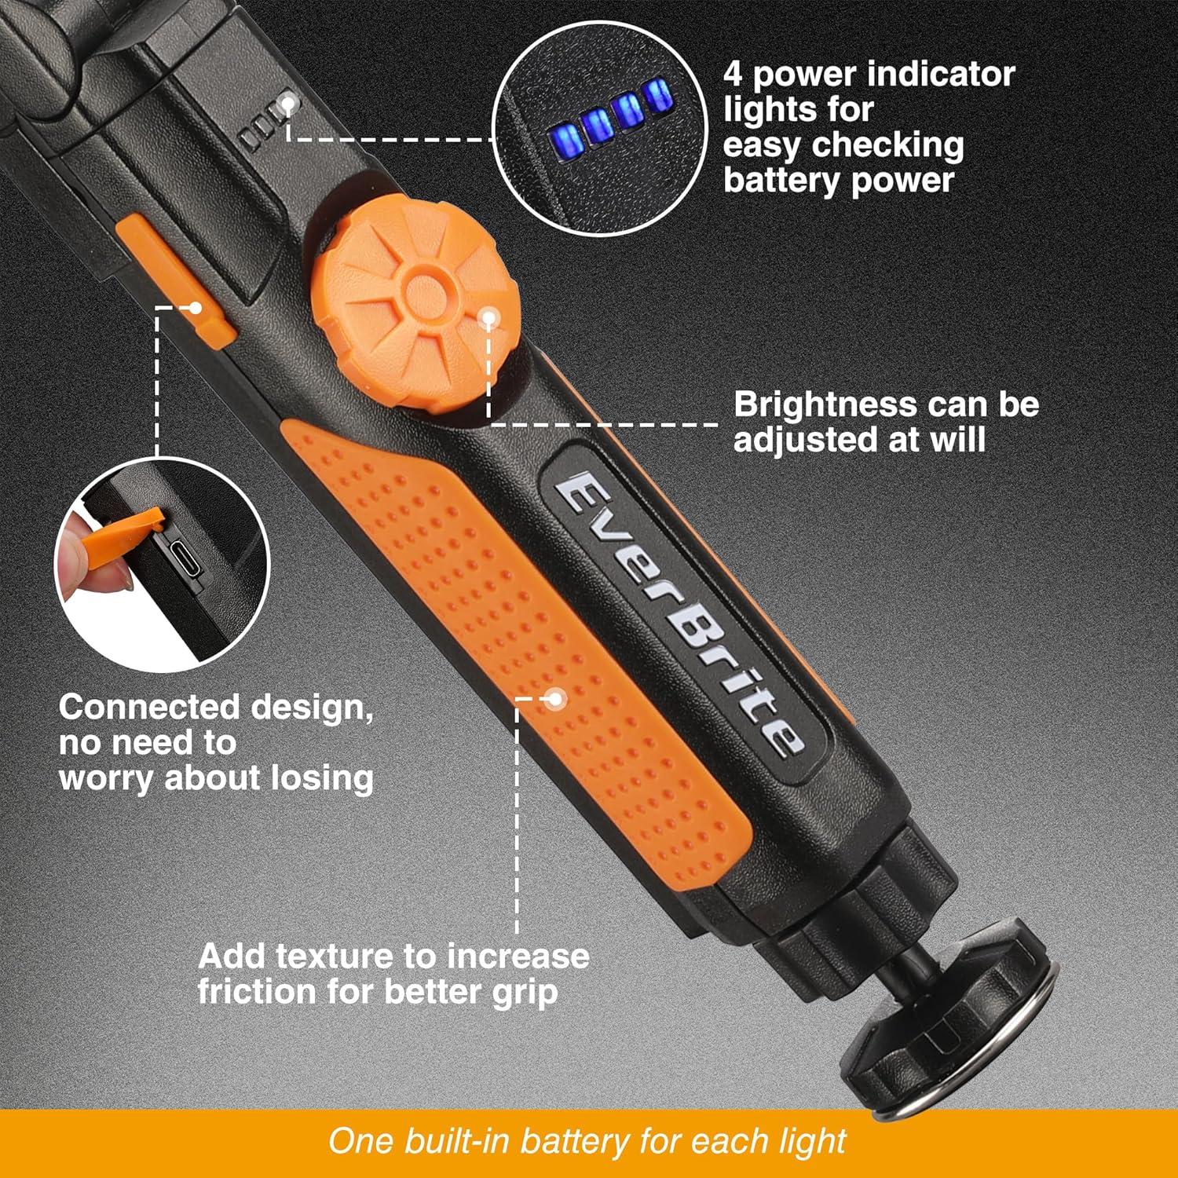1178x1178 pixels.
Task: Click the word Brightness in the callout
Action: pos(814,405)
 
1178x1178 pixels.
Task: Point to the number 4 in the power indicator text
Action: pos(733,75)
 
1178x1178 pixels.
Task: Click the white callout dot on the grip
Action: pos(555,698)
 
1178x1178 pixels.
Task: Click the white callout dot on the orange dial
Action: pos(488,318)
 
